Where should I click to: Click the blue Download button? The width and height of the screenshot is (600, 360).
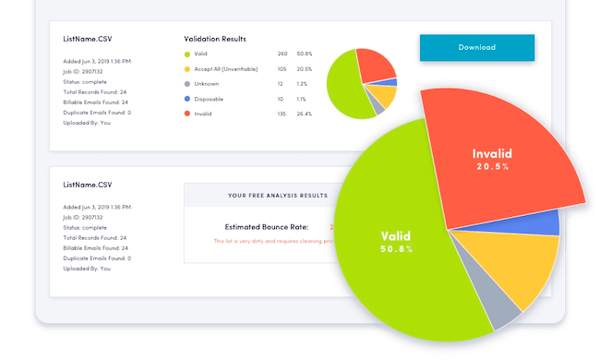[476, 47]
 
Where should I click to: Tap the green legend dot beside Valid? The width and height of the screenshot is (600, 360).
[187, 54]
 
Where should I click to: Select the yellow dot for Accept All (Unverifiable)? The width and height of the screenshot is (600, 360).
[187, 69]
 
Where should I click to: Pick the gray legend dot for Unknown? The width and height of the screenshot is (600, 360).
[187, 84]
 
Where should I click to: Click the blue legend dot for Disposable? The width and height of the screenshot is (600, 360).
[187, 99]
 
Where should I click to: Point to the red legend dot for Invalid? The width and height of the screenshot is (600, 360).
[187, 114]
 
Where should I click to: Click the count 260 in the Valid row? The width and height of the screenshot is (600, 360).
[282, 54]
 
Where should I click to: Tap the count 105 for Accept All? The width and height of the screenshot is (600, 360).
[282, 69]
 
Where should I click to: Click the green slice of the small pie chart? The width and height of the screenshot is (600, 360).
[343, 89]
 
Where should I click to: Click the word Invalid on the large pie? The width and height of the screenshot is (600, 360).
[491, 153]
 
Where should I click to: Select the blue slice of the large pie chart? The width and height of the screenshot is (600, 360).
[545, 222]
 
